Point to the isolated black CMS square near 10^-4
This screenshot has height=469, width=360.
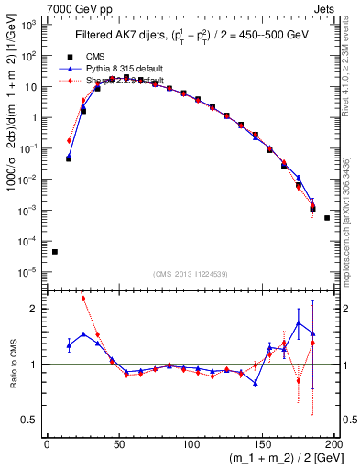coord(55,252)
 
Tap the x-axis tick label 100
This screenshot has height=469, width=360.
coord(191,443)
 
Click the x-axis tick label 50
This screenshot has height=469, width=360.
coord(119,443)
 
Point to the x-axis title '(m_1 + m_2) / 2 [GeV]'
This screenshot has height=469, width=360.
coord(281,458)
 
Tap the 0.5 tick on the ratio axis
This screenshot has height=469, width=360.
coord(33,420)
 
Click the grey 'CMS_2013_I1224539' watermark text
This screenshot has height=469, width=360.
coord(189,274)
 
